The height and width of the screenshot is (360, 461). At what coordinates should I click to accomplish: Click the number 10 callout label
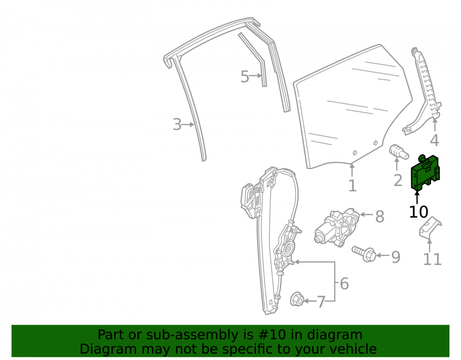pos(419,212)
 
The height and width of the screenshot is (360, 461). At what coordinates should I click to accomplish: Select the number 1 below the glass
pos(352,186)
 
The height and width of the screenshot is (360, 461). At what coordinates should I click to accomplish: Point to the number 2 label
pos(398,180)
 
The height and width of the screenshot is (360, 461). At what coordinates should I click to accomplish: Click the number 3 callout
pos(177,124)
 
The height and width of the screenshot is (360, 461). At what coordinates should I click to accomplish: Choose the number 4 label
pos(435,140)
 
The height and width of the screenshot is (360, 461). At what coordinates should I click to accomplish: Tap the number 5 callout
pos(245,77)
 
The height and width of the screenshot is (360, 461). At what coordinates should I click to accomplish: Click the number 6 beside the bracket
pos(344,283)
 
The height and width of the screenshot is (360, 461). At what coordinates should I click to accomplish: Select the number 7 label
pos(321,302)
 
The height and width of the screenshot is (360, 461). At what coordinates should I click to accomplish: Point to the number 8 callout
pos(379,217)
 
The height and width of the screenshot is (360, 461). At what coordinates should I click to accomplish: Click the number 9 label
pos(396,257)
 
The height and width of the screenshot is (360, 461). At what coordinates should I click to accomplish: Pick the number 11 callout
pos(432,259)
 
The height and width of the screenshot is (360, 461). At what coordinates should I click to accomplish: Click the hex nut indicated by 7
pos(296,300)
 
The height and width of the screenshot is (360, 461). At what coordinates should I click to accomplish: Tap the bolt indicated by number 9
pos(364,254)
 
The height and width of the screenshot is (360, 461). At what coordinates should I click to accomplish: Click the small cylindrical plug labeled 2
pos(398,151)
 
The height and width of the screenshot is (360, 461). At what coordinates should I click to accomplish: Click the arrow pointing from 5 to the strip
pos(255,76)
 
